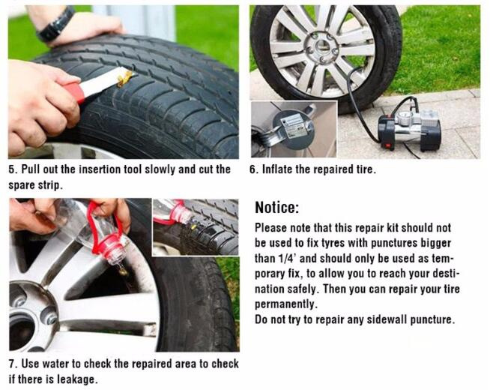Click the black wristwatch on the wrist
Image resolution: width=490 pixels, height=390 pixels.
56,25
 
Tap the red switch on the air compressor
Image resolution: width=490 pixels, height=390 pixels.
388,145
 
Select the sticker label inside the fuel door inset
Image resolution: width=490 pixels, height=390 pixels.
293,124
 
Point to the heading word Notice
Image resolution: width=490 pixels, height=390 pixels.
277,208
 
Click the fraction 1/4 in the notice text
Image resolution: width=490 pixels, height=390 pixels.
285,258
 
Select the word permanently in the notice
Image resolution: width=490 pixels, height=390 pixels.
286,304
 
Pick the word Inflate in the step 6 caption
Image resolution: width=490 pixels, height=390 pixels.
277,169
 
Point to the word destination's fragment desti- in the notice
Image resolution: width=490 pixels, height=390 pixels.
447,274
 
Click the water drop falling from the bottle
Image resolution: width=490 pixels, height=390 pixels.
123,271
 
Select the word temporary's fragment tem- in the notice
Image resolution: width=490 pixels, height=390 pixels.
442,259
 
